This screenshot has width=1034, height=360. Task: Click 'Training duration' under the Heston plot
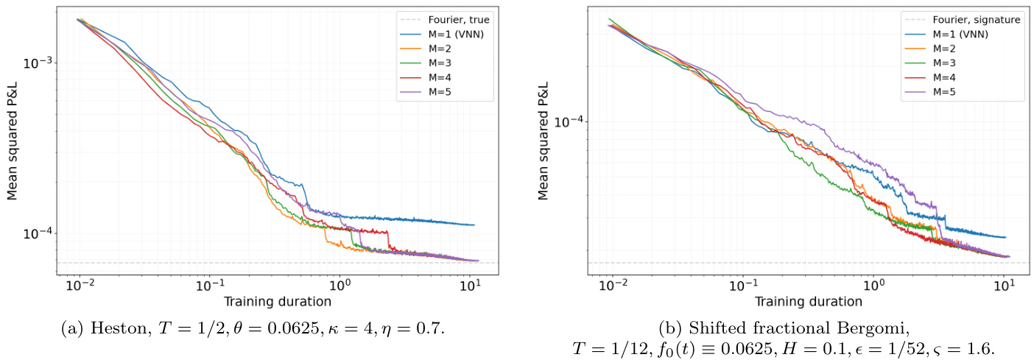point(277,301)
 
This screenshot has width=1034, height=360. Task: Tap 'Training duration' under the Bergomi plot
point(808,301)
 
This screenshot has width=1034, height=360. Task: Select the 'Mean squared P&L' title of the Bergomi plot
point(544,140)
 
